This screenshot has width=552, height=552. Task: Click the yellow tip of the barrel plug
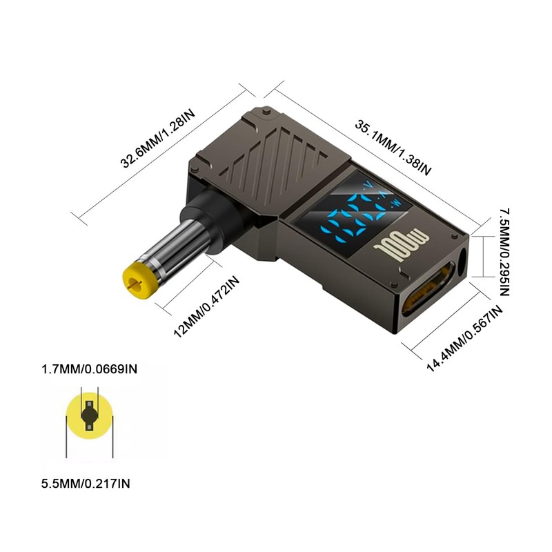pyautogui.click(x=137, y=279)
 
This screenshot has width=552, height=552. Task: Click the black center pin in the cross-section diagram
pyautogui.click(x=89, y=415)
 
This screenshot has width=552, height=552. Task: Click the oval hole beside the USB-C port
pyautogui.click(x=462, y=266)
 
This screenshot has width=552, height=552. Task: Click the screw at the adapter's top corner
pyautogui.click(x=266, y=110)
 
